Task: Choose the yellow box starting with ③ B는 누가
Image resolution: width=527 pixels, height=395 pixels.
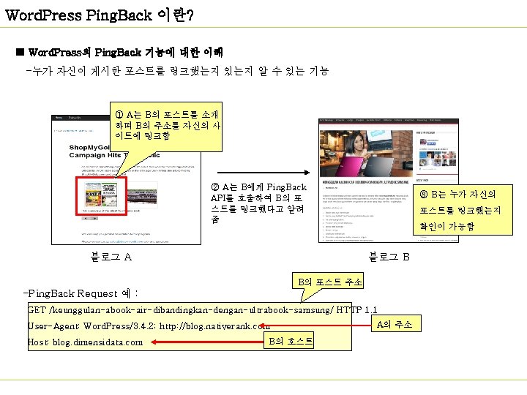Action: tap(457, 211)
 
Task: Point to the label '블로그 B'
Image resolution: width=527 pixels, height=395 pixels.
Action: tap(389, 257)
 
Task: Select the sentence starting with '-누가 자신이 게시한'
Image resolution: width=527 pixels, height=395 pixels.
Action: tap(176, 71)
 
